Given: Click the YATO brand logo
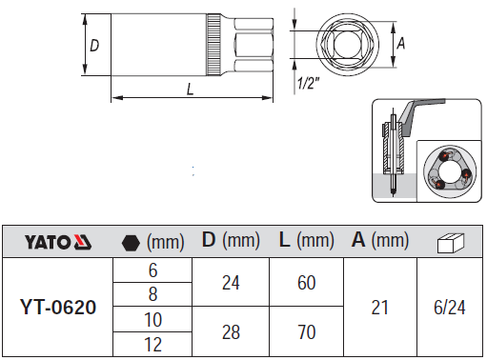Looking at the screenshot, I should pos(56,243).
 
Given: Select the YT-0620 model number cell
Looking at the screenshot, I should pos(57,307).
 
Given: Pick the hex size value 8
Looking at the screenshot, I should pos(152,294).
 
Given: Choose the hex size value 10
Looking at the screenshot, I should pos(152,318).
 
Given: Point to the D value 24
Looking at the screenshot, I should pos(229,283).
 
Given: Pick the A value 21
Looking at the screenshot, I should pos(378,307).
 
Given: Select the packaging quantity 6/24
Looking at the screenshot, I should pos(449,307).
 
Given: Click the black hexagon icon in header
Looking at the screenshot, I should pos(131,243).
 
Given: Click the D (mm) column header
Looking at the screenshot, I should pos(229,242).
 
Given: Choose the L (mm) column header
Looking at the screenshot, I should pos(304,242).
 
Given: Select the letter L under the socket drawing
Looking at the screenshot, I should pos(190,89).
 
